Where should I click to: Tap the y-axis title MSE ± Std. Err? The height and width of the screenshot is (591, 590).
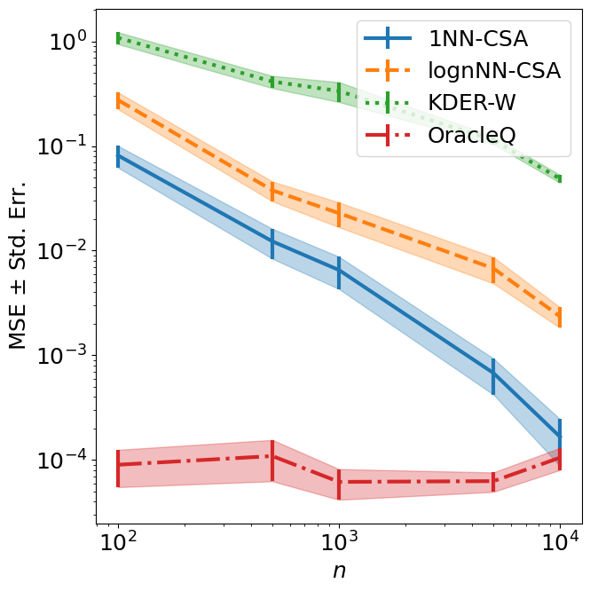(19, 266)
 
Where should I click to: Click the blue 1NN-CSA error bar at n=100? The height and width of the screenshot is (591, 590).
(118, 157)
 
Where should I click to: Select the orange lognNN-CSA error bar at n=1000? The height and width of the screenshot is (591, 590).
(339, 214)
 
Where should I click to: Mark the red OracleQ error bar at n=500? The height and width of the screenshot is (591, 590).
(272, 457)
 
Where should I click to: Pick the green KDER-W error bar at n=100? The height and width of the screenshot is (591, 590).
(118, 37)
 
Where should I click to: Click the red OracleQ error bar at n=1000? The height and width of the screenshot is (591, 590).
(339, 483)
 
